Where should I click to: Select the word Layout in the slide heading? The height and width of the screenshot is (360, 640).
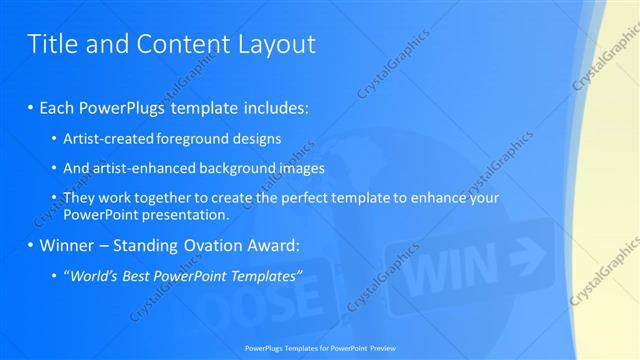pyautogui.click(x=278, y=44)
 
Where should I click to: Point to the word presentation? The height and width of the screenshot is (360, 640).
pyautogui.click(x=190, y=214)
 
